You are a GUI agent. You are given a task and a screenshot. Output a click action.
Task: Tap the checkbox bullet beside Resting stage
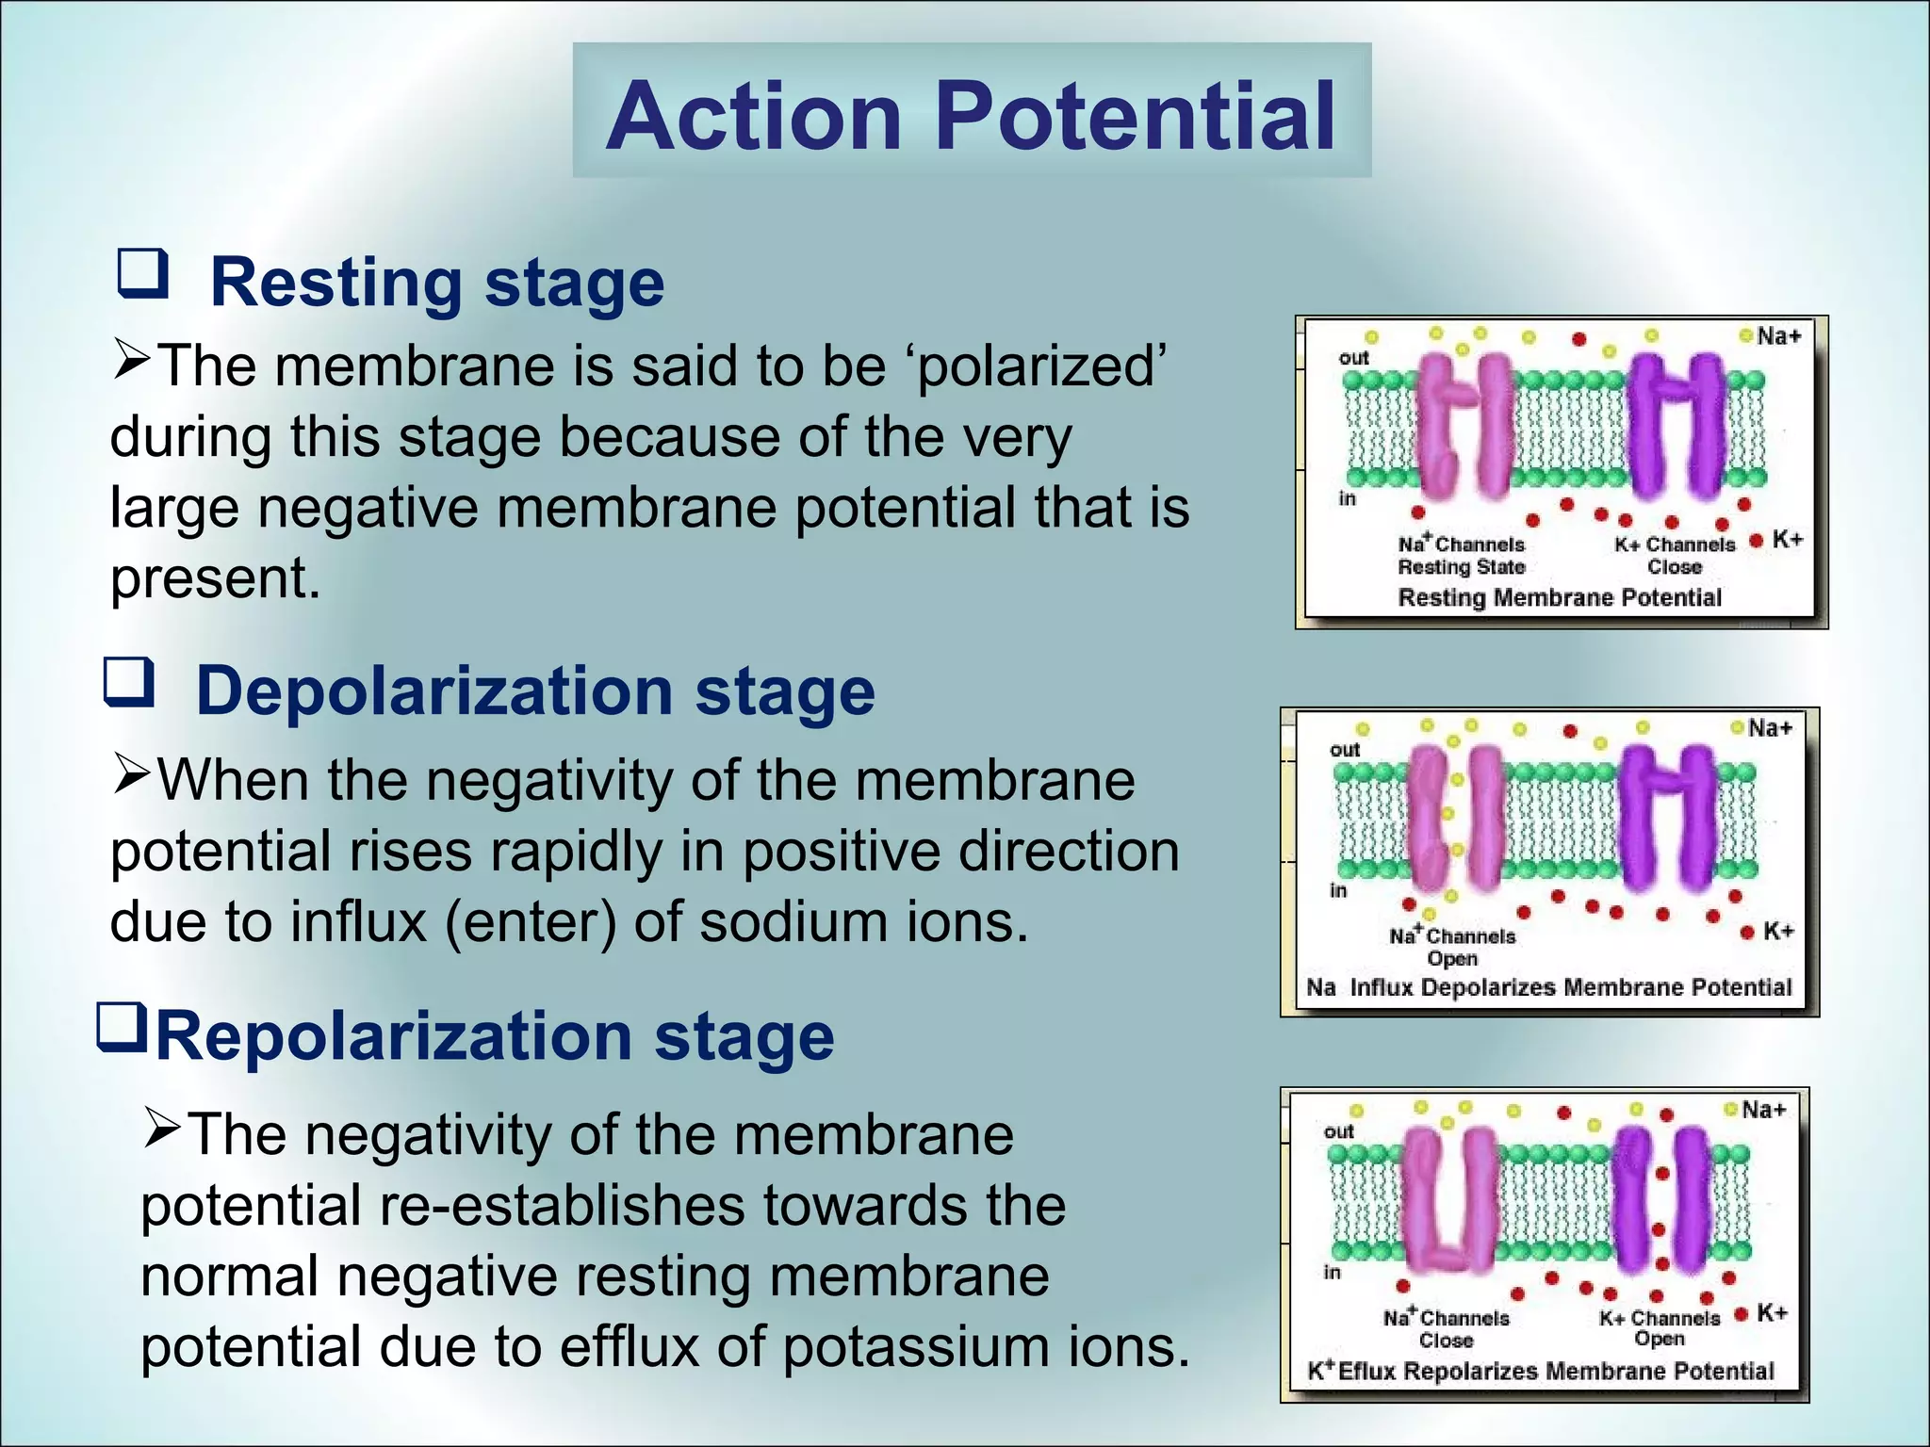[143, 274]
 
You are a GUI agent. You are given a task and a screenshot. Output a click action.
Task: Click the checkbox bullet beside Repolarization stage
[122, 1028]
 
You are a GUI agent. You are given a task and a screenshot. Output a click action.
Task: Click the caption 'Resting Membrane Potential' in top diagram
[1560, 597]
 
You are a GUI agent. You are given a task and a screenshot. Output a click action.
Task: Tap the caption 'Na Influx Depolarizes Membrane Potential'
[1548, 987]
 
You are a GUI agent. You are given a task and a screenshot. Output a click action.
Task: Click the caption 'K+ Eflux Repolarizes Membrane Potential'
[1541, 1371]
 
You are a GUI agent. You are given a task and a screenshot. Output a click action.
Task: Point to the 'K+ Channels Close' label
[1675, 556]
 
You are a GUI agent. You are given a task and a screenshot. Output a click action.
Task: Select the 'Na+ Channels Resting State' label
[1461, 556]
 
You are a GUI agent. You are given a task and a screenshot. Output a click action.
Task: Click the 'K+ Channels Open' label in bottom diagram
[1660, 1328]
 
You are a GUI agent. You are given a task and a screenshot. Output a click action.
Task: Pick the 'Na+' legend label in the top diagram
[1778, 336]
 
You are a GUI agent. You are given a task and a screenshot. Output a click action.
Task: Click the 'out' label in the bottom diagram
[1338, 1130]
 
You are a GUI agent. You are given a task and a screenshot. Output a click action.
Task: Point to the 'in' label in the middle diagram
[1338, 890]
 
